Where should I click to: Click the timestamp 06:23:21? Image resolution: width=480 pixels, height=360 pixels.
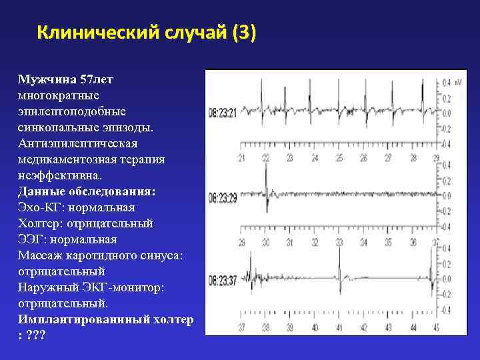tap(222, 113)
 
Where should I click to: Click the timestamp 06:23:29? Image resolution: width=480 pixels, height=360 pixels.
tap(222, 198)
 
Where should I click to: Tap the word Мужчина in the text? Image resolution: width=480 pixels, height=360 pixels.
tap(47, 79)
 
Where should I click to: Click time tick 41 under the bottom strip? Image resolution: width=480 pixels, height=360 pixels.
tap(339, 327)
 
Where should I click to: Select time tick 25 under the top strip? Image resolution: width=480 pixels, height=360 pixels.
tap(339, 159)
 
